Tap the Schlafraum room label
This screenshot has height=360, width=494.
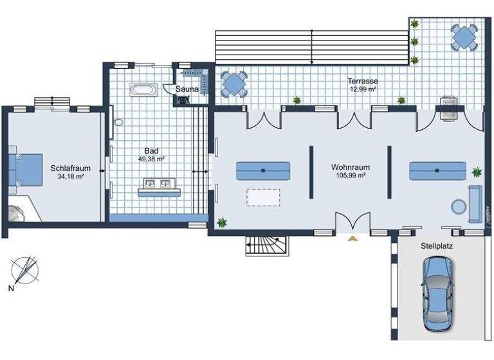pyautogui.click(x=70, y=168)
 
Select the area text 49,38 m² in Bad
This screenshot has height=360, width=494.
pyautogui.click(x=152, y=159)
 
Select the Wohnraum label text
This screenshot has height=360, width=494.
pyautogui.click(x=351, y=166)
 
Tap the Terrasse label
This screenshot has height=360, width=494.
pyautogui.click(x=363, y=82)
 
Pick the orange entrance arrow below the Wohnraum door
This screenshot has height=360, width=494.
pyautogui.click(x=352, y=239)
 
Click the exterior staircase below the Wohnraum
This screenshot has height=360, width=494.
pyautogui.click(x=264, y=245)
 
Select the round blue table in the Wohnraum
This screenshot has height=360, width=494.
pyautogui.click(x=459, y=206)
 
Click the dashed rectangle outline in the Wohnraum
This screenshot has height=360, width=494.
pyautogui.click(x=263, y=197)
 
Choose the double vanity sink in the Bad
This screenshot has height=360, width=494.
pyautogui.click(x=158, y=187)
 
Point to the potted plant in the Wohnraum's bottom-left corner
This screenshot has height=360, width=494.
pyautogui.click(x=223, y=222)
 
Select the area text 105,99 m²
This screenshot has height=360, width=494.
pyautogui.click(x=351, y=175)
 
